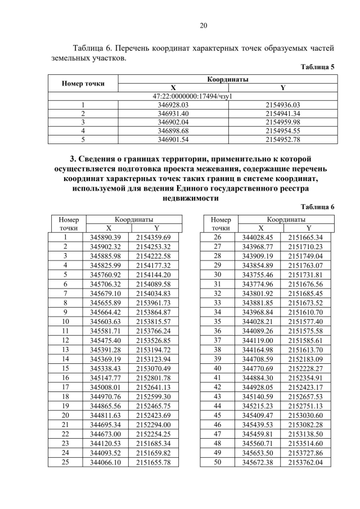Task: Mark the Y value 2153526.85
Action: click(x=153, y=340)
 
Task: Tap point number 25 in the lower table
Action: click(x=65, y=462)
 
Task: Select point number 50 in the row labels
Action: click(x=218, y=462)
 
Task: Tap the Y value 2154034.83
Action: click(x=153, y=294)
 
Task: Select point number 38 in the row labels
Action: click(x=218, y=350)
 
